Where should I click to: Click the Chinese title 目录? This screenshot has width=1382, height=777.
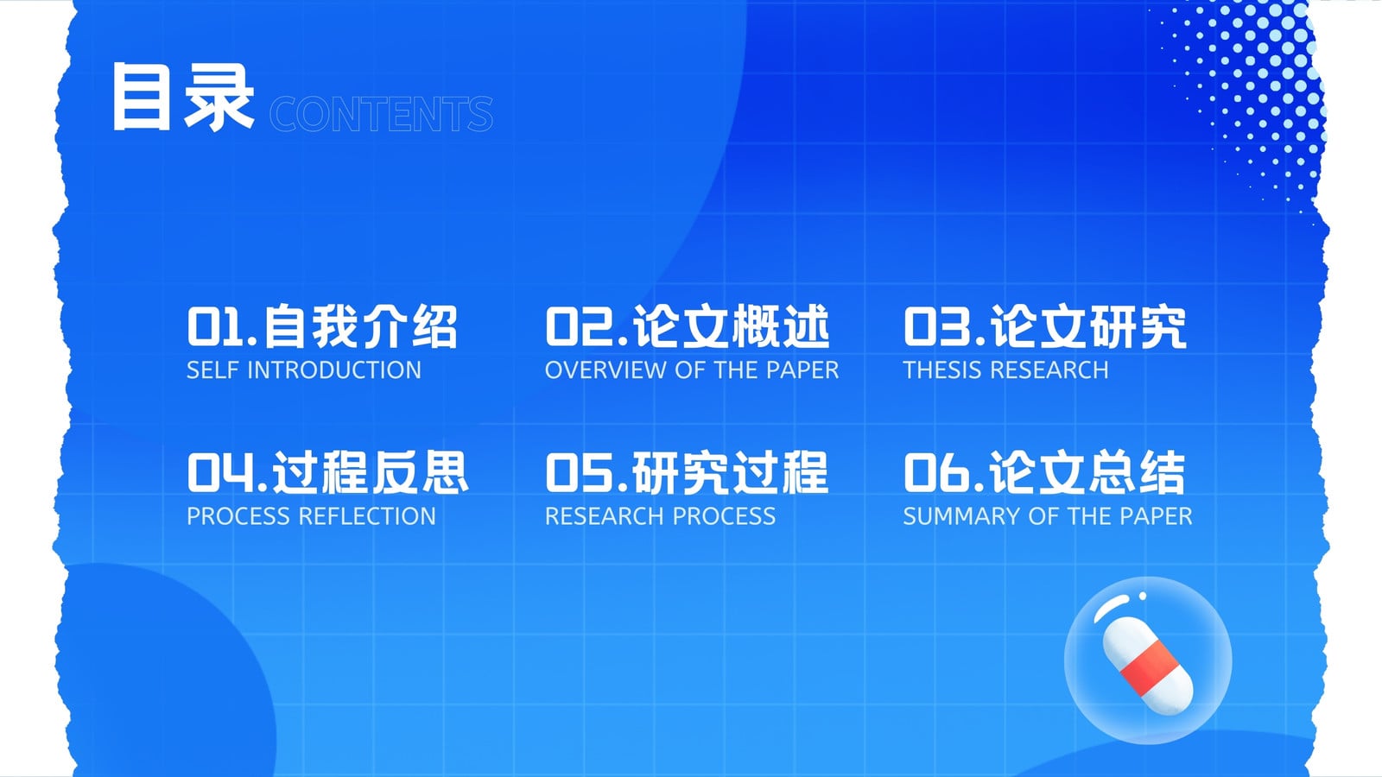click(183, 97)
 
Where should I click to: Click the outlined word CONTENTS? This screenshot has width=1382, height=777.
click(381, 114)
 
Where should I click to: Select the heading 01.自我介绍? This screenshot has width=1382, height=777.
click(322, 327)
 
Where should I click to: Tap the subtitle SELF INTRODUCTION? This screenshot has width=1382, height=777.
click(303, 370)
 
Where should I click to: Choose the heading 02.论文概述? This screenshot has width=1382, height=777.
click(688, 327)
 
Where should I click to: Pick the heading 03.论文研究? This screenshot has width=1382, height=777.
click(1045, 327)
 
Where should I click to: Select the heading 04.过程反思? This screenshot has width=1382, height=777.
click(327, 473)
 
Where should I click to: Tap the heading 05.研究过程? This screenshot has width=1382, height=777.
click(687, 473)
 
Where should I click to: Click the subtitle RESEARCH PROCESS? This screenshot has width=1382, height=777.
click(660, 516)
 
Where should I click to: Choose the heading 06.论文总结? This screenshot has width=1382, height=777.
click(1044, 473)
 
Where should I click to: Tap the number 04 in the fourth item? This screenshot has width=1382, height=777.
click(220, 473)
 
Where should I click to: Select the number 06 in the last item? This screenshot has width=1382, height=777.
click(936, 473)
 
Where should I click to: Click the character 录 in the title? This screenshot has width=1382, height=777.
click(219, 97)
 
